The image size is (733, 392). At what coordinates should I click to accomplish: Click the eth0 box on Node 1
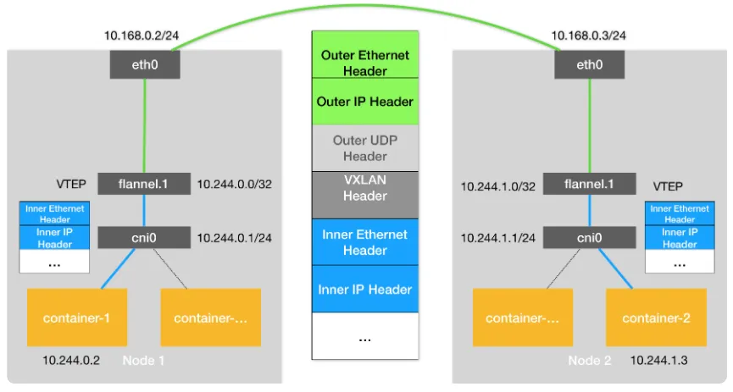click(145, 64)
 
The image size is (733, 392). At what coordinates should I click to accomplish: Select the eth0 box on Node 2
click(590, 64)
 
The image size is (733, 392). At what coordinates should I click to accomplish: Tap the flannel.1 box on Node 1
click(144, 184)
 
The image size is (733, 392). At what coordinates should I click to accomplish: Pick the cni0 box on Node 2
click(590, 238)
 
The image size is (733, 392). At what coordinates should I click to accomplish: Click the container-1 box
click(77, 317)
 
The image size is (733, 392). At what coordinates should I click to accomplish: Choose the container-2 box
click(657, 317)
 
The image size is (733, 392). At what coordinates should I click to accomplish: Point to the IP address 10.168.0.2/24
click(142, 36)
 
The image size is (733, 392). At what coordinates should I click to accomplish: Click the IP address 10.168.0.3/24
click(589, 36)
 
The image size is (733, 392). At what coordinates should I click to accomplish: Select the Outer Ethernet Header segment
click(365, 55)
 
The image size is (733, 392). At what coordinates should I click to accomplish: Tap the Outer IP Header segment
click(365, 102)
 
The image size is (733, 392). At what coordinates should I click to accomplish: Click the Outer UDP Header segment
click(365, 148)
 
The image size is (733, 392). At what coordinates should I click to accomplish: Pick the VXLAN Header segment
click(365, 195)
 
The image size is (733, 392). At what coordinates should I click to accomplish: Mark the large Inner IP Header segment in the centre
click(365, 289)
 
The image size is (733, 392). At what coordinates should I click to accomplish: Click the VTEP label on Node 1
click(71, 184)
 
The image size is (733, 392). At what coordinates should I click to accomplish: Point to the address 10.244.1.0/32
click(498, 186)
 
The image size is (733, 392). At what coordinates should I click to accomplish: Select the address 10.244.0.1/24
click(234, 238)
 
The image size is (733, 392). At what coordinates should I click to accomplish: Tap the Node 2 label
click(590, 360)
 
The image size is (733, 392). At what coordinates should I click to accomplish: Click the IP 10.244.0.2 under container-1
click(71, 360)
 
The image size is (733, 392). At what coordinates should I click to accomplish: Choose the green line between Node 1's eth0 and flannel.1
click(144, 126)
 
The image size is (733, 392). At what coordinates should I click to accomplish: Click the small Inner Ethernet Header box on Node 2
click(680, 213)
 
